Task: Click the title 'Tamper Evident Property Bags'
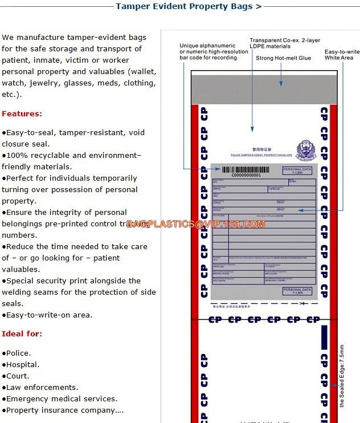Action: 189,7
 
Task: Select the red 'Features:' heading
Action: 22,113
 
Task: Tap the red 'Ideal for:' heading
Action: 22,333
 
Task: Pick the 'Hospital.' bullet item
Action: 21,364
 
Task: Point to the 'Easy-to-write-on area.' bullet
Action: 47,315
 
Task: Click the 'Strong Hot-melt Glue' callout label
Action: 283,58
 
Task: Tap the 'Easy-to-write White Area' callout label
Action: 342,55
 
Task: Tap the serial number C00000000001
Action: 246,176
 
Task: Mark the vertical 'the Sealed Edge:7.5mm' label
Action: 342,375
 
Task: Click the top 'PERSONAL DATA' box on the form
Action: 297,170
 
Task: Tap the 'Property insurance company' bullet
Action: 64,410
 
